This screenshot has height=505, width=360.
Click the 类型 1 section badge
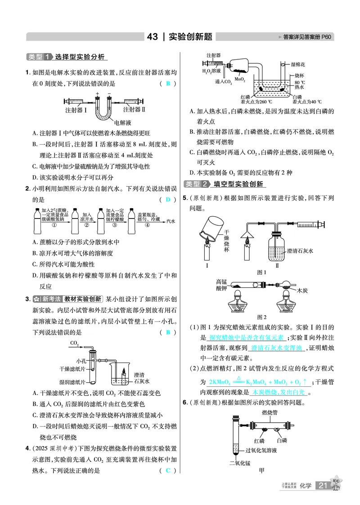pyautogui.click(x=40, y=57)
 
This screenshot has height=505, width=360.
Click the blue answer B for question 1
pyautogui.click(x=168, y=84)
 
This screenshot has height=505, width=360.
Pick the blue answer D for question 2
pyautogui.click(x=168, y=200)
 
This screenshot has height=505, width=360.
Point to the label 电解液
pyautogui.click(x=122, y=122)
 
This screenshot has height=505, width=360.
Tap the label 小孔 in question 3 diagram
pyautogui.click(x=81, y=361)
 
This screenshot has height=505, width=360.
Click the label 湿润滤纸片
pyautogui.click(x=72, y=382)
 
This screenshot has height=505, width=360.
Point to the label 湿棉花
pyautogui.click(x=299, y=65)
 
